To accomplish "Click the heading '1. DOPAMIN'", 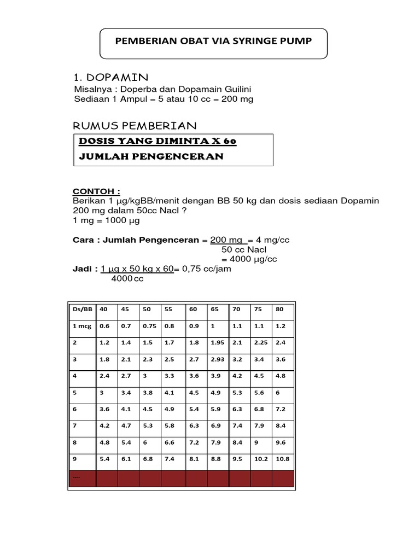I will (x=110, y=76).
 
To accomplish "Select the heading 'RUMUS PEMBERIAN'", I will (x=135, y=126).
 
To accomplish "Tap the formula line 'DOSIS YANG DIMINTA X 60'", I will (x=157, y=141).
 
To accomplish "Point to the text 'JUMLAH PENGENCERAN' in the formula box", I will (x=151, y=156).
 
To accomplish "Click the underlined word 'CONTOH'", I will (x=96, y=192).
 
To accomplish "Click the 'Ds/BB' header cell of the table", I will (x=81, y=309).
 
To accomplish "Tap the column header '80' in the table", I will (x=280, y=309).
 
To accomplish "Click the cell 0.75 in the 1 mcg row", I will (x=149, y=326).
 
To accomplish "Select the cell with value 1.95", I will (x=218, y=342).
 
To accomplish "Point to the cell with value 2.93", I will (x=218, y=359).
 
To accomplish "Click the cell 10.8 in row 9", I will (x=283, y=459).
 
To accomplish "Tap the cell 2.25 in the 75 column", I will (x=260, y=342).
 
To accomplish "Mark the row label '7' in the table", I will (x=74, y=425).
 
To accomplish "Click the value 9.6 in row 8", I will (x=281, y=442).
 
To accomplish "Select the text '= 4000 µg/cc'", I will (x=246, y=259).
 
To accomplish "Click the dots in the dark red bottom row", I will (x=76, y=477).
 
